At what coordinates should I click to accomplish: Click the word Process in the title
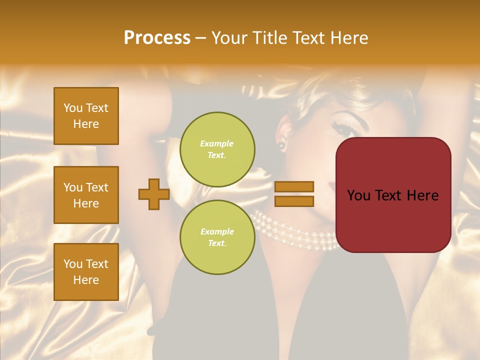[x=157, y=38]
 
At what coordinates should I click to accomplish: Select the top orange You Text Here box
[x=86, y=116]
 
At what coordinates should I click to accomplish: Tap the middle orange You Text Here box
[x=86, y=195]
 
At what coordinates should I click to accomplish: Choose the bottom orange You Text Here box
[x=86, y=272]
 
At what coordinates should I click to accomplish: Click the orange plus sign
[x=154, y=194]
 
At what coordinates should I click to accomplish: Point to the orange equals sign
[x=294, y=194]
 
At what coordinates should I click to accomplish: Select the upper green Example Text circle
[x=217, y=149]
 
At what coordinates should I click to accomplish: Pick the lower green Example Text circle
[x=217, y=237]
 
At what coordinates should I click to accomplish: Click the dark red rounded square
[x=393, y=195]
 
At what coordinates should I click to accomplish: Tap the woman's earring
[x=281, y=145]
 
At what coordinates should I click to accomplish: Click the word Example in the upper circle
[x=216, y=143]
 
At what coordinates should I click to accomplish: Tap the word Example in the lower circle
[x=217, y=231]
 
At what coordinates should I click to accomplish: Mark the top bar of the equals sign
[x=294, y=186]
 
